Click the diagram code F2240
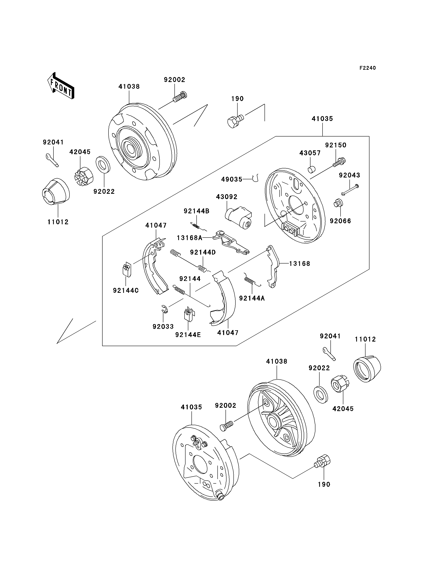368,68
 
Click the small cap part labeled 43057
312,170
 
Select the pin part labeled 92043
350,190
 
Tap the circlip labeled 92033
164,309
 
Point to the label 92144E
188,335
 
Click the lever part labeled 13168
273,266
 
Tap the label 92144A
252,298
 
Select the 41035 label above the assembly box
322,119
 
